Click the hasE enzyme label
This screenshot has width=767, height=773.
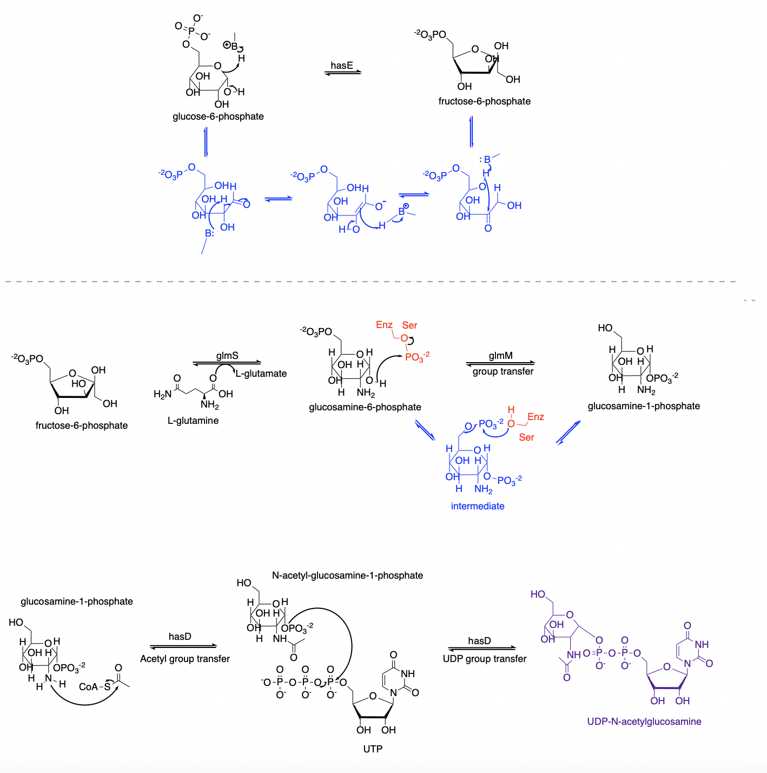(342, 65)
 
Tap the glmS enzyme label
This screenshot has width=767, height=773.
(227, 356)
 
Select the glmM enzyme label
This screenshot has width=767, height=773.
(500, 356)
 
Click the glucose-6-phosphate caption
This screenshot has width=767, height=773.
(218, 116)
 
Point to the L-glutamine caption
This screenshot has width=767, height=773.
(193, 421)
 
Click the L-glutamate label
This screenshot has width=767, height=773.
(261, 374)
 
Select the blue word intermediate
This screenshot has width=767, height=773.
(478, 506)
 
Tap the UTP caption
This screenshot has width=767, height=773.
(373, 749)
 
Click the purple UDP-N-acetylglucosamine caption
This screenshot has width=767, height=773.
(644, 722)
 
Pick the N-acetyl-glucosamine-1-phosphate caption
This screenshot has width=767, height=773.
(347, 575)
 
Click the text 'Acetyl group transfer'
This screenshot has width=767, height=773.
(185, 659)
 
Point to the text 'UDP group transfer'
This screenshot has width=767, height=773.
(485, 659)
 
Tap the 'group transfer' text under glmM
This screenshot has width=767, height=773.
(503, 371)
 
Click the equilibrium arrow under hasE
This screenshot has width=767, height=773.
(342, 73)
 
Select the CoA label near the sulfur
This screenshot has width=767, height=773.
(88, 687)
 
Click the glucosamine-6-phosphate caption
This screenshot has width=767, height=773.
(365, 407)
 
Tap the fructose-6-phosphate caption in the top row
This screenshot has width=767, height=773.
(485, 101)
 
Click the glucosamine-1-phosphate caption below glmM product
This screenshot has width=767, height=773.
(644, 406)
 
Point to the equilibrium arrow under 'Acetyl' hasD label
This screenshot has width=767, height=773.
(183, 646)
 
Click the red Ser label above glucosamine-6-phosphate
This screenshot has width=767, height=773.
(409, 325)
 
